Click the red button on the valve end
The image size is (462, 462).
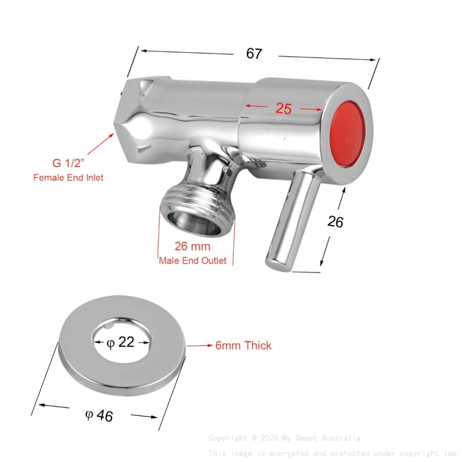(348, 134)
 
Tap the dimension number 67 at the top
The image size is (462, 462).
(254, 54)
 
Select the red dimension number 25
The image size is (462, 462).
(283, 108)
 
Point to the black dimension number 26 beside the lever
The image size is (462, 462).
(335, 221)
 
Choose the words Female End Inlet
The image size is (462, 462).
(68, 177)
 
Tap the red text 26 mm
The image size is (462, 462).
(192, 247)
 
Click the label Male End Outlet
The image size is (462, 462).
(192, 260)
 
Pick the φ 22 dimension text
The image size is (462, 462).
(121, 343)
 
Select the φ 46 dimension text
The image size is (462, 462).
(99, 416)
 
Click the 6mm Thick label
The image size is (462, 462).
(243, 346)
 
